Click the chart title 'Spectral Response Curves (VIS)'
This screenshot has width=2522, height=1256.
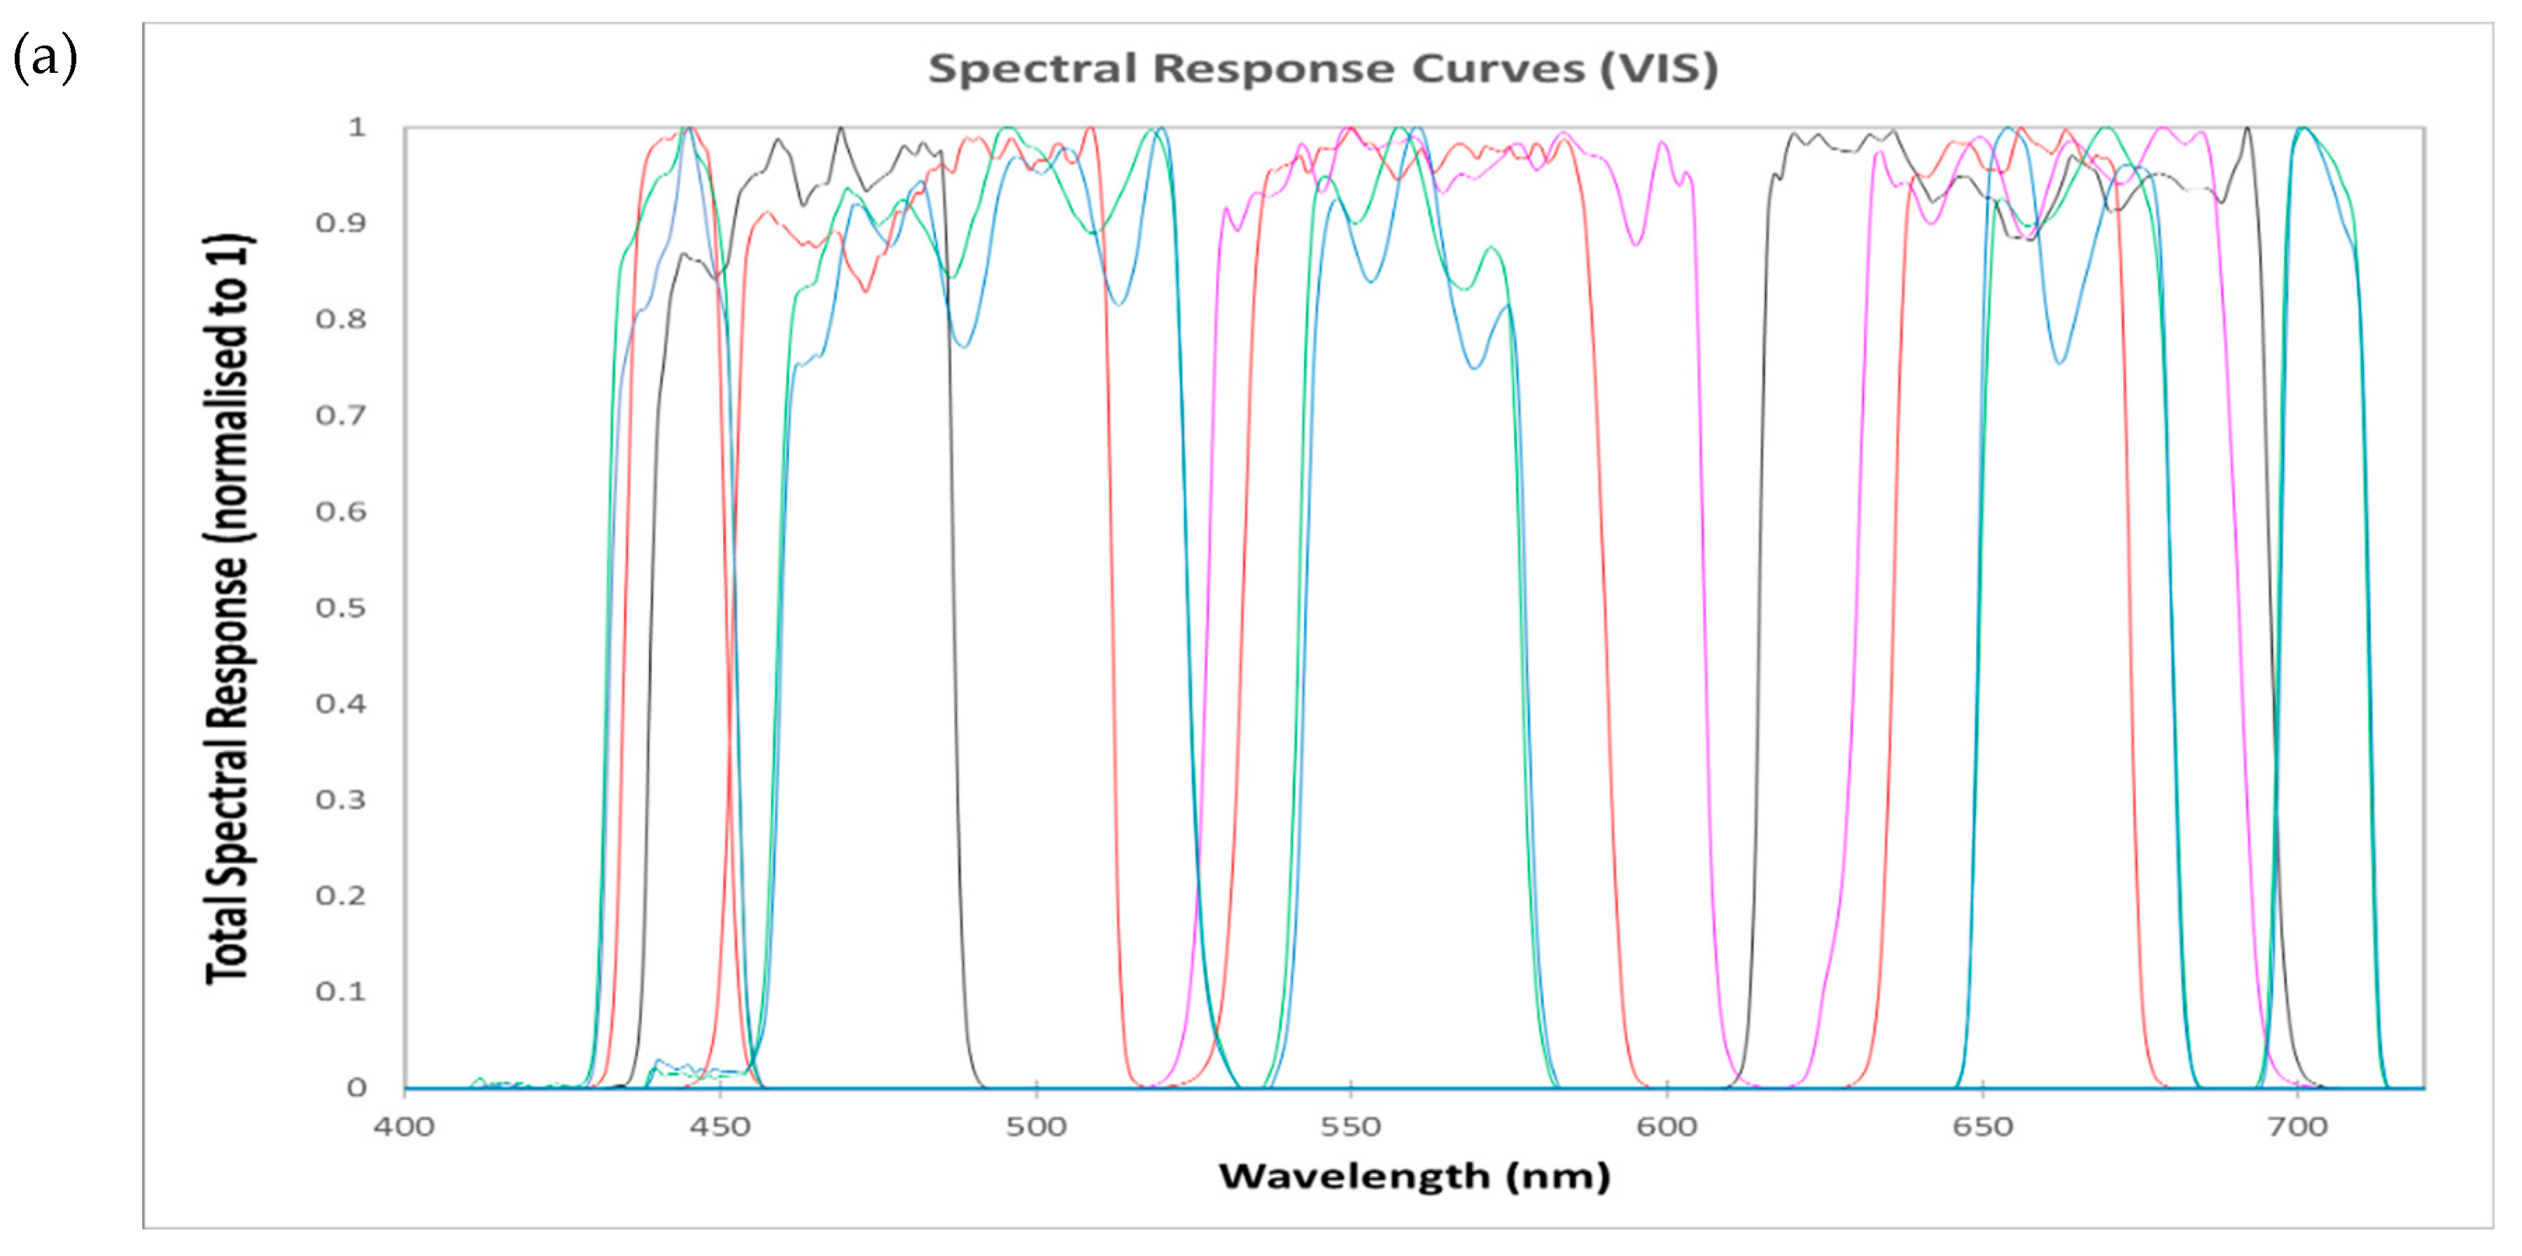tap(1323, 69)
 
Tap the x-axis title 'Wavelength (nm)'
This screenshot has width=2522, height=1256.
tap(1414, 1175)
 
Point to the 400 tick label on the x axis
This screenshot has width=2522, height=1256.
tap(403, 1126)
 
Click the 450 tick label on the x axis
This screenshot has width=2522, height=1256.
tap(720, 1126)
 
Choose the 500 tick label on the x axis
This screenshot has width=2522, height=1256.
tap(1036, 1126)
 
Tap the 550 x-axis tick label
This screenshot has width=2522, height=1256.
tap(1350, 1126)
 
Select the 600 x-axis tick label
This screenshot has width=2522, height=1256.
tap(1667, 1126)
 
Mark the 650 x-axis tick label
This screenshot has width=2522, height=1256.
tap(1982, 1126)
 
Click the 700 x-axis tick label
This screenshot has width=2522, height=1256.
tap(2298, 1126)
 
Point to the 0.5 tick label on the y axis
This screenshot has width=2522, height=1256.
tap(341, 608)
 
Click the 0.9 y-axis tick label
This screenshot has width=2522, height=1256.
tap(341, 223)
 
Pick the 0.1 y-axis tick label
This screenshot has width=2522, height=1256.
tap(341, 991)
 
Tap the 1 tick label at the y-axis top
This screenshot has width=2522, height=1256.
tap(356, 127)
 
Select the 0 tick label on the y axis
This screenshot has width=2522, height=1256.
tap(356, 1087)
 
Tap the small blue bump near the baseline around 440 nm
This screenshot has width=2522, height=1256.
tap(659, 1061)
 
